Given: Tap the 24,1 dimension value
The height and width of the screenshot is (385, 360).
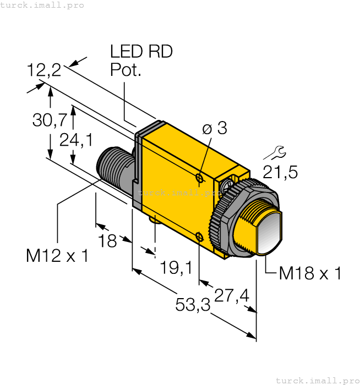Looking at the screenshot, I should tap(76, 140).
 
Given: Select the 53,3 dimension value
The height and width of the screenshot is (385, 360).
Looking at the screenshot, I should tap(193, 304).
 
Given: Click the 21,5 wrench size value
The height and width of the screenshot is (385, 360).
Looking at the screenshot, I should tap(280, 173).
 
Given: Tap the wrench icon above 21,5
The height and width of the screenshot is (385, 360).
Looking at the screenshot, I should tap(279, 151).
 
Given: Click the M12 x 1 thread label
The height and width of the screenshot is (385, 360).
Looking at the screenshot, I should tap(57, 256).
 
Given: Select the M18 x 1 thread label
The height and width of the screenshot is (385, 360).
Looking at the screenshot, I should tap(310, 273).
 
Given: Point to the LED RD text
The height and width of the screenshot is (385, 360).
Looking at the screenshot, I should tap(141, 52).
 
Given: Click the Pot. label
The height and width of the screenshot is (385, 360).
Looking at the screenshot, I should tap(126, 70).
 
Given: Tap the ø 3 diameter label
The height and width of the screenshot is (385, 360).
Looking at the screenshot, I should tap(214, 129).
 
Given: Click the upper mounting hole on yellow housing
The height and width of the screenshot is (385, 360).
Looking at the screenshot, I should tap(200, 177).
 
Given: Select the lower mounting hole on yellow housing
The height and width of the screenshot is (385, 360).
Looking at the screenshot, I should tap(200, 238).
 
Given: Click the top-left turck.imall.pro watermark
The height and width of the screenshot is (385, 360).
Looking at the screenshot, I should tap(42, 5).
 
